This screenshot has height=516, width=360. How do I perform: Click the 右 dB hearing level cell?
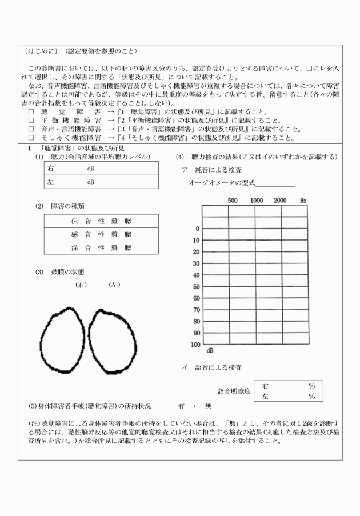coord(101,169)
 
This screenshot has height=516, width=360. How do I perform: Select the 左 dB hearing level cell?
coord(101,182)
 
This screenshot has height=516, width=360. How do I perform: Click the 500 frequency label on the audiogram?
coord(233,201)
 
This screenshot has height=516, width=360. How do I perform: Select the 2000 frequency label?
coord(280,201)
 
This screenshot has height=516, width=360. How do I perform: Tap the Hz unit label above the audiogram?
coord(303,201)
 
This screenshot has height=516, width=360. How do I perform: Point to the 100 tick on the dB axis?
coord(194,345)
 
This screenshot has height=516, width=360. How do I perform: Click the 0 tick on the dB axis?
coord(197,229)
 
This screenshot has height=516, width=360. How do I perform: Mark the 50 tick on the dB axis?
coord(196,286)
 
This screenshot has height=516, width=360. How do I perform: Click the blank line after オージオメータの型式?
coord(275,183)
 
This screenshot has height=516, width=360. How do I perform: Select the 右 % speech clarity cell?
coord(288,386)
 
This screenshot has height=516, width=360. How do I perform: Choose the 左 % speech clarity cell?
coord(288,396)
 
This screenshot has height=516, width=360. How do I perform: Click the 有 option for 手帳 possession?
coord(181,406)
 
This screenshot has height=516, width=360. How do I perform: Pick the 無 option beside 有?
coord(207,406)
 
